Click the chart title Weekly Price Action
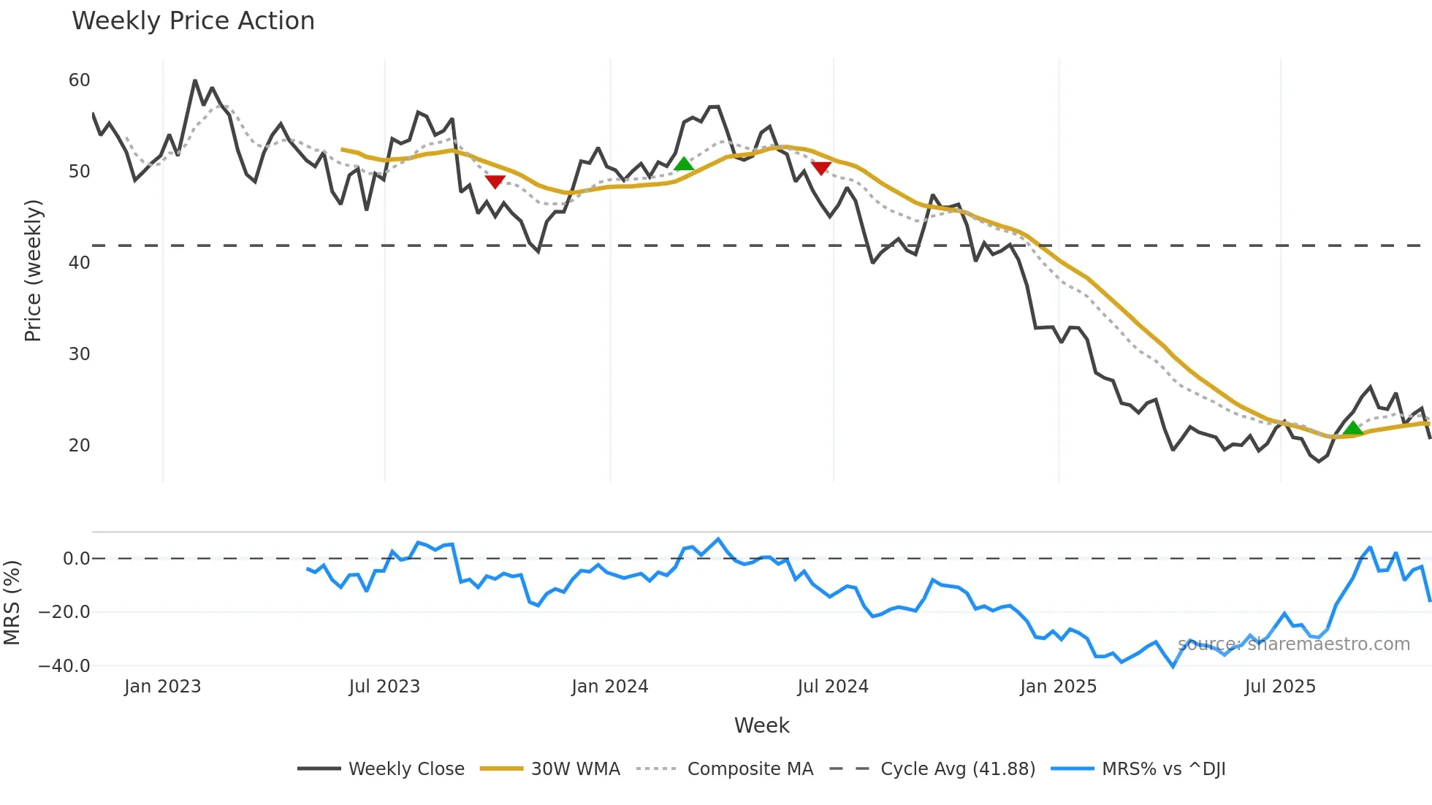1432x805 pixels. coord(193,21)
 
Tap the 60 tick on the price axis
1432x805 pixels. coord(79,80)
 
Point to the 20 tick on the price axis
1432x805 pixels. coord(79,446)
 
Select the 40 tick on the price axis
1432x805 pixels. coord(79,263)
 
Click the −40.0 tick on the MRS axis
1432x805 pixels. coord(64,666)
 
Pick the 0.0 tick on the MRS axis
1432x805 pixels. coord(76,559)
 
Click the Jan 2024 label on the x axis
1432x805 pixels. coord(609,687)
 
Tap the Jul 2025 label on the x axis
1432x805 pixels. coord(1280,687)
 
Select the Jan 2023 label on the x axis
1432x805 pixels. coord(162,687)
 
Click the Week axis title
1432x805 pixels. coord(761,725)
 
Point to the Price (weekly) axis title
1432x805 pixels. coord(33,270)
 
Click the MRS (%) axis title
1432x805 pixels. coord(12,603)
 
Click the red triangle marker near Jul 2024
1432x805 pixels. coord(821,168)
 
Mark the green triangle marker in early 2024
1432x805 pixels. coord(684,164)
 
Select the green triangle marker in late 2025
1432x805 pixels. coord(1352,428)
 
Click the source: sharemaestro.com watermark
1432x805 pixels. coord(1293,644)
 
